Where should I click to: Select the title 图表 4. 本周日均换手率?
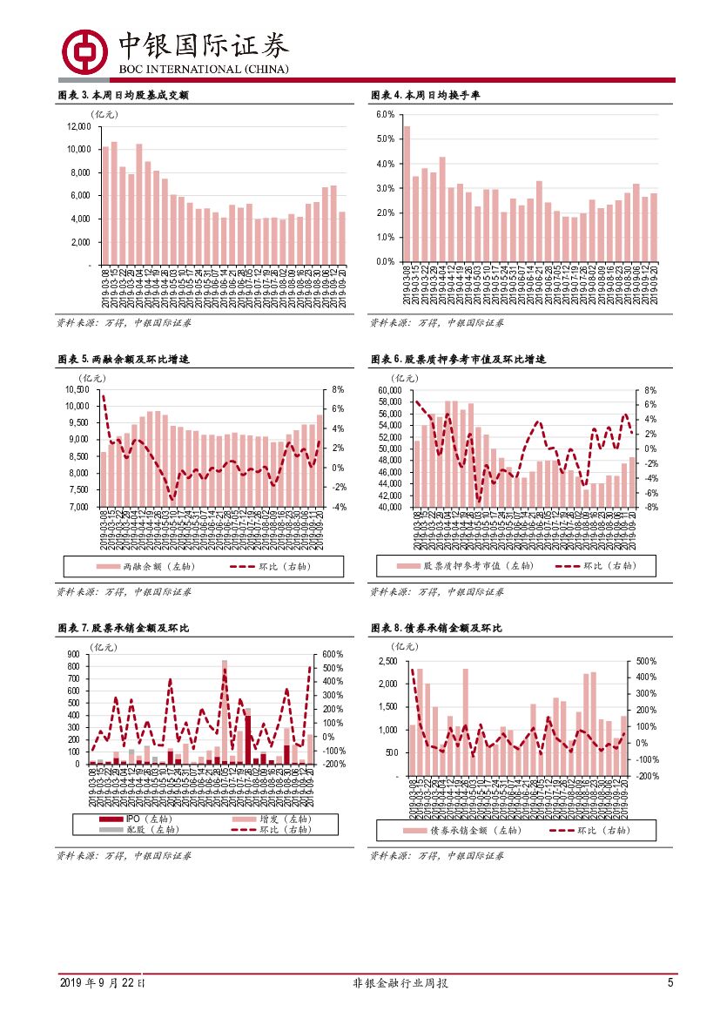point(426,95)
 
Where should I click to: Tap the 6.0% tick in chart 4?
point(386,115)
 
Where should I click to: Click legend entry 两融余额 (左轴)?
point(158,566)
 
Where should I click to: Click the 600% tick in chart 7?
point(333,654)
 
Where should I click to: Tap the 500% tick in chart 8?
point(647,661)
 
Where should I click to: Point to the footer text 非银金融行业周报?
point(400,983)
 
